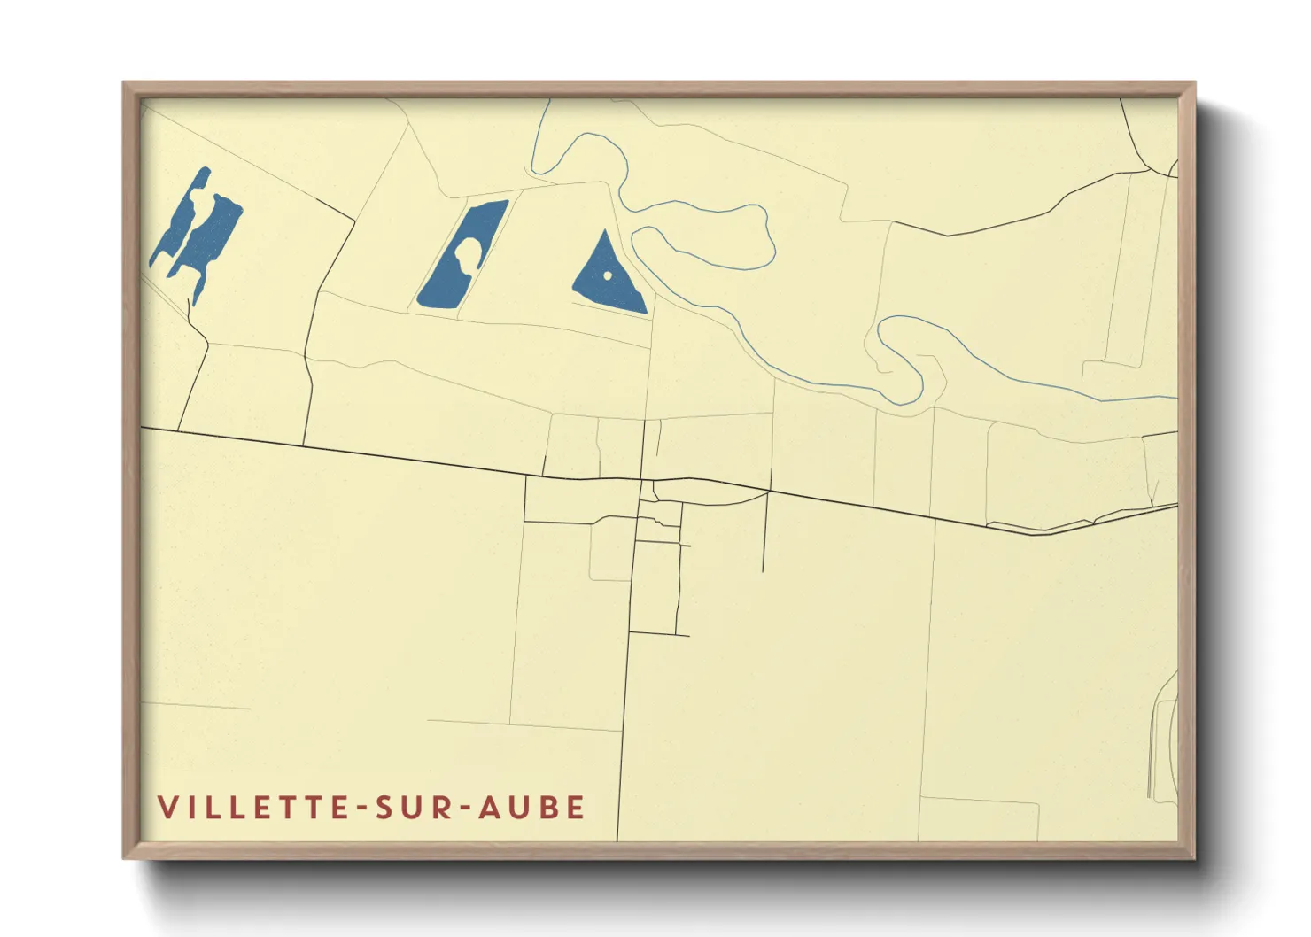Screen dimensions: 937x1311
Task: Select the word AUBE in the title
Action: point(531,808)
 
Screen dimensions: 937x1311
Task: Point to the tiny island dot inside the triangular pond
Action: point(608,275)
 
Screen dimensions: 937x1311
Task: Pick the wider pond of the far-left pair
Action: point(211,237)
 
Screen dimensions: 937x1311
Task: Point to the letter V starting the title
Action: point(167,808)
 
